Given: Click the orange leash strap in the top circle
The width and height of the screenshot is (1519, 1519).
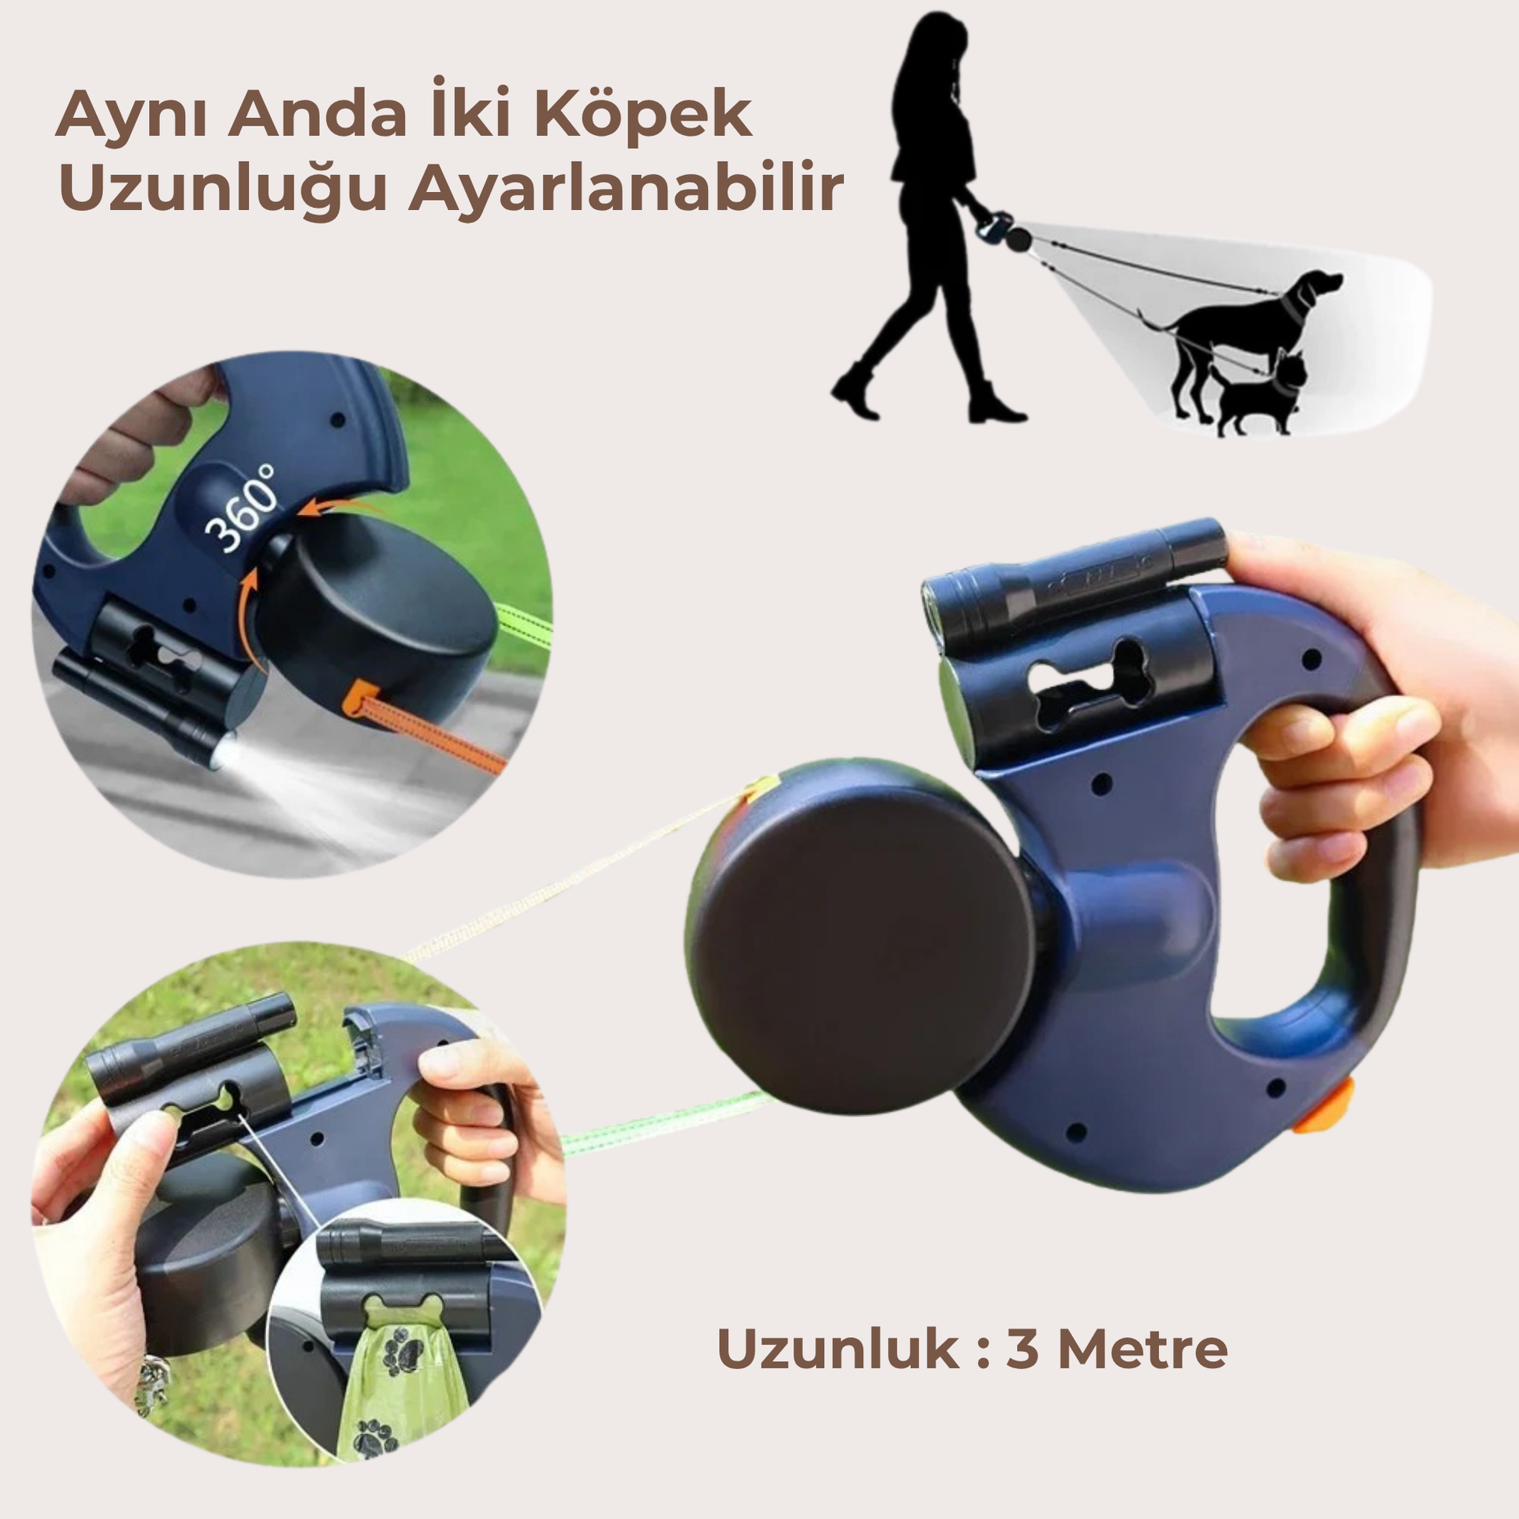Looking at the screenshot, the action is pyautogui.click(x=425, y=724).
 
